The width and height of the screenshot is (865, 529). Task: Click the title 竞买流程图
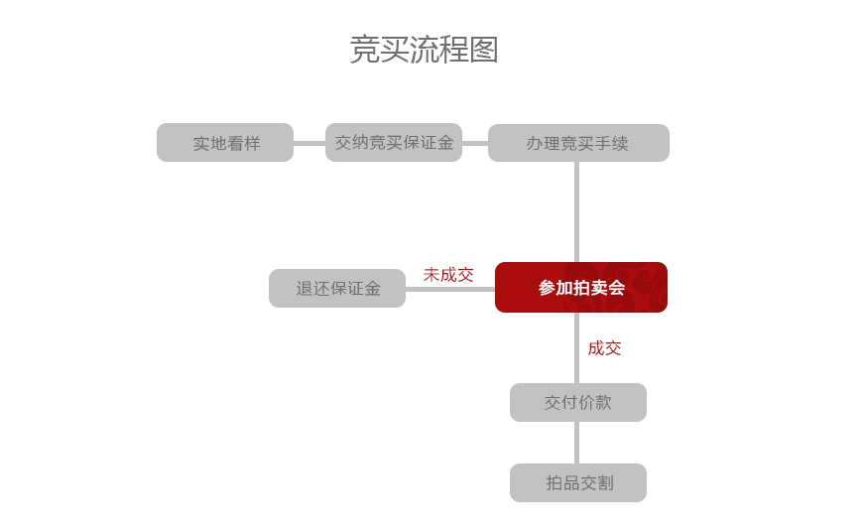[425, 50]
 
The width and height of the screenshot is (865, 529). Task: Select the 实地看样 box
[225, 143]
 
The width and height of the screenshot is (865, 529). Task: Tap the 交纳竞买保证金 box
[394, 143]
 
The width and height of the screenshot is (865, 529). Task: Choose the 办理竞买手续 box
[578, 143]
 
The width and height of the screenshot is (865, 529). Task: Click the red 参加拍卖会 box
[581, 287]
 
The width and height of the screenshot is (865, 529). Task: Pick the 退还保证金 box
[337, 288]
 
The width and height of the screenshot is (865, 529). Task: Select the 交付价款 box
[578, 403]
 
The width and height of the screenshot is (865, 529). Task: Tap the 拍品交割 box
[578, 482]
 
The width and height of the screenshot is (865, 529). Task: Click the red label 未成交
[448, 275]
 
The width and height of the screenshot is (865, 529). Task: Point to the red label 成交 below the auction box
[605, 348]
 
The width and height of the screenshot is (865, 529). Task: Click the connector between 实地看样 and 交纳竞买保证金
[309, 143]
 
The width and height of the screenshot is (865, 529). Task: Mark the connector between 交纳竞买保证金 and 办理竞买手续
[475, 143]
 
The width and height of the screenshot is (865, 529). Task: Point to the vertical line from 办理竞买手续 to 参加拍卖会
[576, 212]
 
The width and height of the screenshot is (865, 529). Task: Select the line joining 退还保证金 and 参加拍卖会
[450, 289]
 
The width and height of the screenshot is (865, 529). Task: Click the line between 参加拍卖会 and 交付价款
[576, 348]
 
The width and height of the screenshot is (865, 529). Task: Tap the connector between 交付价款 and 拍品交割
[576, 443]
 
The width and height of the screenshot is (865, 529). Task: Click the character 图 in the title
[484, 50]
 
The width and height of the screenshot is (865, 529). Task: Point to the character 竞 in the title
[364, 50]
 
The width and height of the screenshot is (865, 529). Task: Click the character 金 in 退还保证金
[372, 288]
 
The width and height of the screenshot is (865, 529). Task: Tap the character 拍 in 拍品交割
[554, 483]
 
